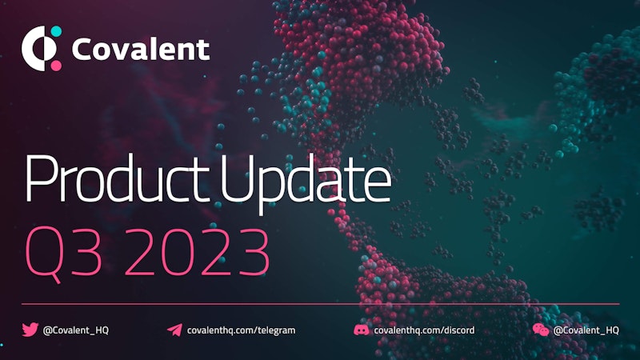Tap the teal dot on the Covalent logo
pos(56,31)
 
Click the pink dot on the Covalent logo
pos(56,66)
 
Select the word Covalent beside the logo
pos(141,50)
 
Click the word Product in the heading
pos(114,178)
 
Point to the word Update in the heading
pos(306,182)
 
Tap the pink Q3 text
pos(63,253)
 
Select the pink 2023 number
pos(198,252)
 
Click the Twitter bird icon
pos(30,330)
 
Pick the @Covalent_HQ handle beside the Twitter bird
pos(76,330)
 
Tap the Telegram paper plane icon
pos(174,330)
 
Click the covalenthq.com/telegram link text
pos(242,330)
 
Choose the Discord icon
pos(362,330)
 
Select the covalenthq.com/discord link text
pos(424,330)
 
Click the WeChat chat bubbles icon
pos(541,330)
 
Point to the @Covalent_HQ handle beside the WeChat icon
pos(586,330)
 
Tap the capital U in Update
pos(237,179)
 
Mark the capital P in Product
pos(41,178)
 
